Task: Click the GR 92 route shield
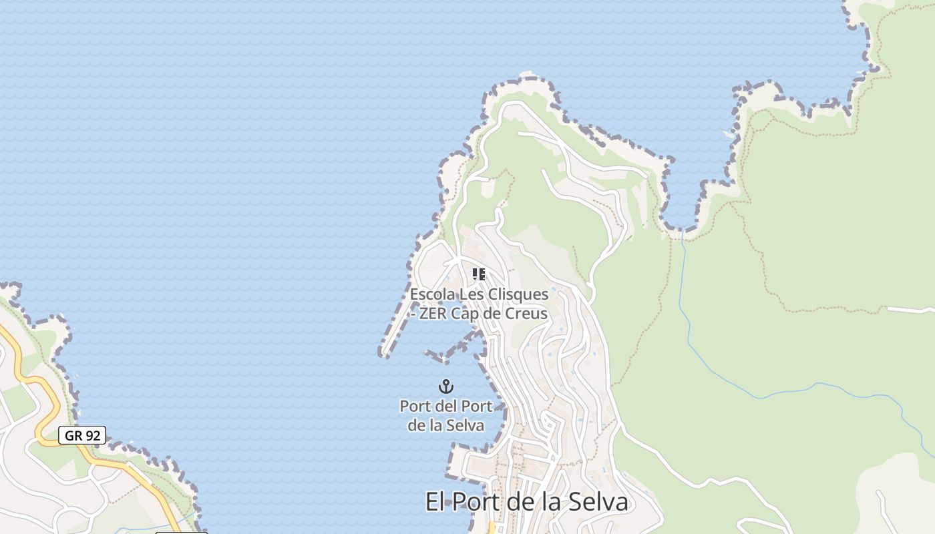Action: point(82,436)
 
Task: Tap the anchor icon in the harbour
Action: point(445,386)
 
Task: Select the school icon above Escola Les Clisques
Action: point(478,274)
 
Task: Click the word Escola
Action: point(431,294)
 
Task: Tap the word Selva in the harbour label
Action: point(465,425)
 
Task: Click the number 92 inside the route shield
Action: point(92,436)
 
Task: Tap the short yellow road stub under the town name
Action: point(492,527)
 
